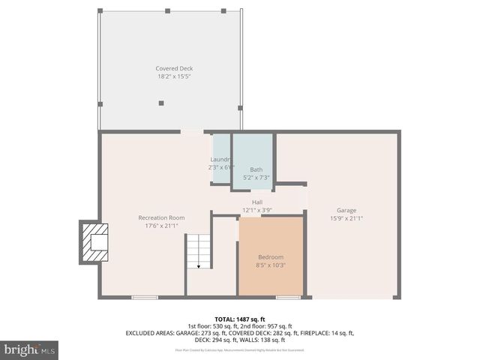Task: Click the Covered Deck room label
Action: click(174, 68)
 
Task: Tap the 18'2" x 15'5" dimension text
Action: click(174, 76)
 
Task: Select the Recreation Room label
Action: click(161, 217)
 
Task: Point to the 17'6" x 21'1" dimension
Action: click(161, 226)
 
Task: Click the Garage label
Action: click(346, 210)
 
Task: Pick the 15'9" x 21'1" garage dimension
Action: click(346, 218)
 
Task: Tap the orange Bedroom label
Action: click(271, 256)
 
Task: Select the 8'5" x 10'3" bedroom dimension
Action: click(271, 265)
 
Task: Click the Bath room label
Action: click(256, 169)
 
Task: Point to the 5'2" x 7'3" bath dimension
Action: click(256, 178)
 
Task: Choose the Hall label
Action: click(257, 202)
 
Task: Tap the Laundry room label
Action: click(220, 160)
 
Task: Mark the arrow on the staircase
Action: click(199, 265)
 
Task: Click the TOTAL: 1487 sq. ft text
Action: click(240, 319)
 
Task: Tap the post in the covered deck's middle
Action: click(161, 103)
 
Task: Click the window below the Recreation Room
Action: click(145, 298)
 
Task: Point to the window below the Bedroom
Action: click(288, 298)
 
